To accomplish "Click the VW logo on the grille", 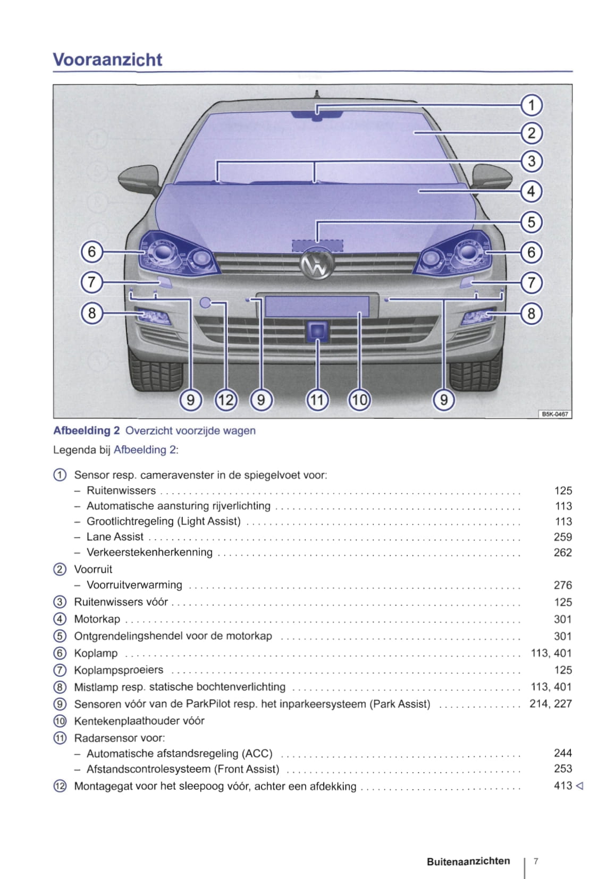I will click(317, 264).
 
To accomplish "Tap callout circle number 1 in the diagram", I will click(531, 105).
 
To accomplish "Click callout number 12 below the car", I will click(225, 399).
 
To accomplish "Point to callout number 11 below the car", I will click(317, 399).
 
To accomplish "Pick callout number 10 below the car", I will click(359, 399).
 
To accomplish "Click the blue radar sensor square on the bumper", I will click(317, 331).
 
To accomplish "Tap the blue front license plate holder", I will click(317, 307).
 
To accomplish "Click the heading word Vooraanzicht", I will click(107, 60).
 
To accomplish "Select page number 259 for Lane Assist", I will click(562, 537).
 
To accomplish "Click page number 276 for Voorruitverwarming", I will click(562, 585).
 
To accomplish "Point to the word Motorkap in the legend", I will click(97, 619).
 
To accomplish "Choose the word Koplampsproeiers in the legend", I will click(119, 670).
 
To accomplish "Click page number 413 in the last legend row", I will click(562, 785).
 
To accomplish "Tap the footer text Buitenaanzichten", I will click(468, 861).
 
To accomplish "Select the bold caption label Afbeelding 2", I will click(87, 430).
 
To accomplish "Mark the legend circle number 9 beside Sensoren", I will click(60, 704).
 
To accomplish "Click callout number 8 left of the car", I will click(91, 312).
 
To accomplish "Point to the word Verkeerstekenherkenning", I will click(149, 552).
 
